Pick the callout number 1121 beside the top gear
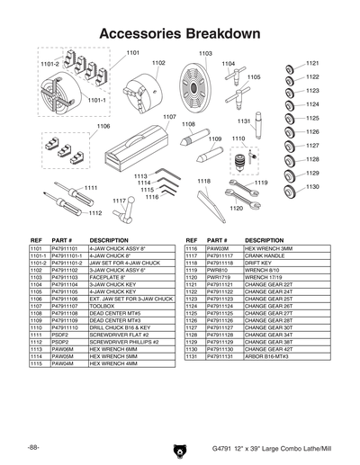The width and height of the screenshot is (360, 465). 312,64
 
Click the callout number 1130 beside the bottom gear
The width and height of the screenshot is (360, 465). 312,187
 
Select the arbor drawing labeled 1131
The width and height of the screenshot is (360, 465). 257,126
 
